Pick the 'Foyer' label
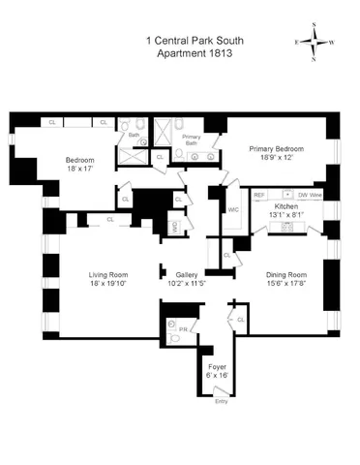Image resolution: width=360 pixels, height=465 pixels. coord(218,366)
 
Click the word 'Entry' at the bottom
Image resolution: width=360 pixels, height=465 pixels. coord(222,401)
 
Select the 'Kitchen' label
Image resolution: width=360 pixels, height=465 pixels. coord(285,207)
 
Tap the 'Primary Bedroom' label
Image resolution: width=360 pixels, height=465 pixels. coord(276,149)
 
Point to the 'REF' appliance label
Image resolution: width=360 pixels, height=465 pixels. coord(259,195)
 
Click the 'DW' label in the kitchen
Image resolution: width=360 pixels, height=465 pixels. coord(303,195)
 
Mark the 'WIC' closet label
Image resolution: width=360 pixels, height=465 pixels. coord(233,209)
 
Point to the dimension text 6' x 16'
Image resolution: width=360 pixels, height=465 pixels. coord(218,376)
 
